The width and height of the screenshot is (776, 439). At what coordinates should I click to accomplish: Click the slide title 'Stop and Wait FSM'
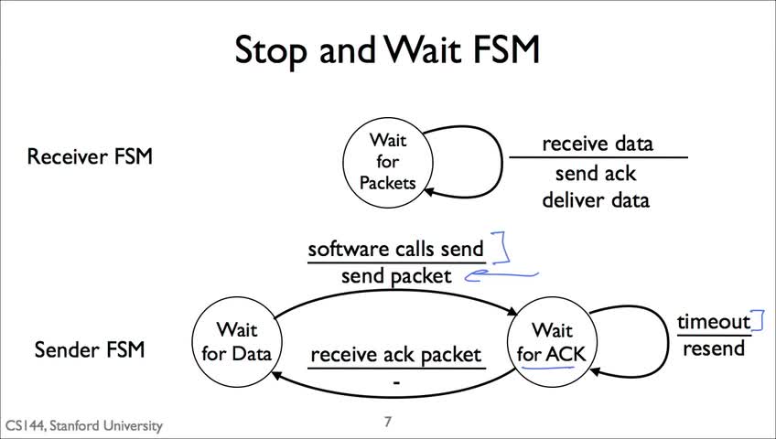[x=387, y=50]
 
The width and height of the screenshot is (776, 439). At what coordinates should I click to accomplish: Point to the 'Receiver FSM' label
[x=90, y=156]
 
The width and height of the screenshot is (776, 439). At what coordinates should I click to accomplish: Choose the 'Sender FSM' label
[x=90, y=349]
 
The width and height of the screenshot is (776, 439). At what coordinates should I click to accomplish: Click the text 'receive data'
[x=598, y=144]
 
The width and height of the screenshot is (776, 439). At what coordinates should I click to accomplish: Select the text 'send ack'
[x=596, y=174]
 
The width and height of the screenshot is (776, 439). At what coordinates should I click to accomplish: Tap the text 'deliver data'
[x=596, y=199]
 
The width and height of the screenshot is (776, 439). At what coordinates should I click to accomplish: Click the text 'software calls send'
[x=395, y=249]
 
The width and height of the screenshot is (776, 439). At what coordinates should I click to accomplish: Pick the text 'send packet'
[x=396, y=276]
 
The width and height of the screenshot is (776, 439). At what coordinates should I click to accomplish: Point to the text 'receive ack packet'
[x=396, y=355]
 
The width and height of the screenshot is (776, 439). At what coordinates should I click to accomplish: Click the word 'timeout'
[x=714, y=322]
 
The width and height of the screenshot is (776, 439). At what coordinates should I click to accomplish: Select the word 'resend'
[x=714, y=348]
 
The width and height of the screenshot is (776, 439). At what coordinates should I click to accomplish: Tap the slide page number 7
[x=387, y=422]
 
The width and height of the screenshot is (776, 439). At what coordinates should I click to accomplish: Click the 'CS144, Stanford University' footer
[x=84, y=425]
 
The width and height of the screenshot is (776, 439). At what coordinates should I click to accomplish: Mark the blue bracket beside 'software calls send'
[x=505, y=247]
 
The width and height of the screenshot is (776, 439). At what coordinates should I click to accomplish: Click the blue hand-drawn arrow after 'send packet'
[x=500, y=275]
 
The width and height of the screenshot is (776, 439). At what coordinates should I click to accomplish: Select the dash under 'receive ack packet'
[x=396, y=381]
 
